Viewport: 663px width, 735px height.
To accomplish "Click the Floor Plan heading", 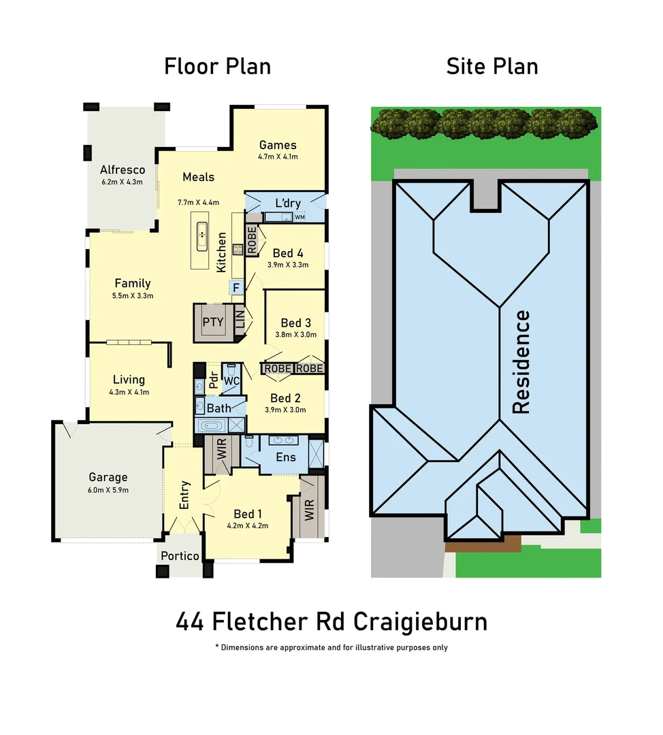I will (x=217, y=67).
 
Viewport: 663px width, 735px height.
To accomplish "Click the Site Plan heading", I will (x=491, y=67).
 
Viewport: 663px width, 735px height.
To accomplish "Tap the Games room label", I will (x=278, y=145).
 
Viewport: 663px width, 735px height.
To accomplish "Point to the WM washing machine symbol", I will (x=300, y=217).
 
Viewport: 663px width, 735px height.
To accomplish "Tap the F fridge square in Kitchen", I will (x=236, y=288).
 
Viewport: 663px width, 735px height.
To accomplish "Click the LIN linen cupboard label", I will (x=240, y=320).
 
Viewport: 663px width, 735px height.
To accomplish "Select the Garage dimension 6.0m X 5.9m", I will (x=108, y=489).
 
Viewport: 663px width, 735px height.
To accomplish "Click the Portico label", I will (x=180, y=556).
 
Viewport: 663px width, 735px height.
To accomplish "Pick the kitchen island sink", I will (x=201, y=235).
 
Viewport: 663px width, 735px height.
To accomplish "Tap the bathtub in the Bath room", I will (x=212, y=426).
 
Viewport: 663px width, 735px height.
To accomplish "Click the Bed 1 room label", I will (x=247, y=514).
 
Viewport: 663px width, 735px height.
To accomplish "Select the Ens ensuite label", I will (x=285, y=457).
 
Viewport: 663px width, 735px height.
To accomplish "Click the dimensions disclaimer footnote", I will (x=331, y=647).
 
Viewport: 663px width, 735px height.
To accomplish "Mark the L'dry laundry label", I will (x=287, y=203).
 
